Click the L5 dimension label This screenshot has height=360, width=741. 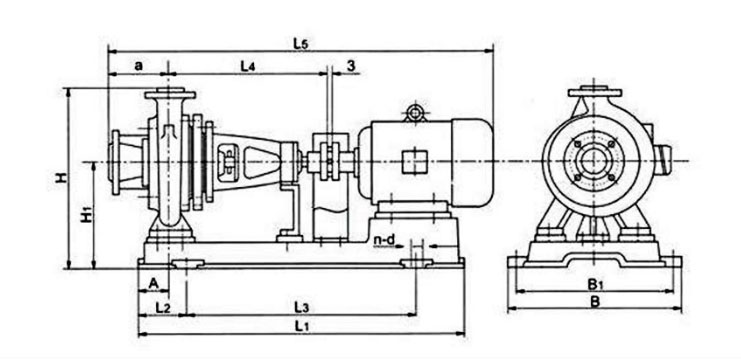(301, 43)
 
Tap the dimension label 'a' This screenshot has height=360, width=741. (138, 66)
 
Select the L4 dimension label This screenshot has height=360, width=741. (248, 66)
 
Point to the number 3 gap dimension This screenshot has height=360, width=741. (351, 66)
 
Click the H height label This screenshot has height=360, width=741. (60, 178)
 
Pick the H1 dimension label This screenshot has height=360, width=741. (87, 215)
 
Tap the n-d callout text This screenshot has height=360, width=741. (384, 240)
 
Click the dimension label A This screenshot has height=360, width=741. (153, 283)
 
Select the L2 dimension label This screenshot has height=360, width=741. (163, 308)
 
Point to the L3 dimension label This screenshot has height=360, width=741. (302, 308)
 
